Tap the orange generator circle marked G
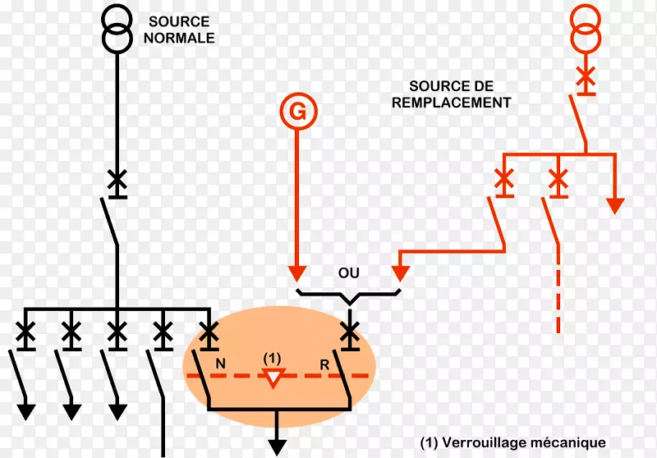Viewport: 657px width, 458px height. (x=298, y=112)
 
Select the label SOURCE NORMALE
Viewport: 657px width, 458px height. (x=179, y=30)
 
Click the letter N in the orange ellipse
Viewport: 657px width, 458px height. (x=220, y=362)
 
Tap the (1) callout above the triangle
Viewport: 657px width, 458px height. (x=273, y=359)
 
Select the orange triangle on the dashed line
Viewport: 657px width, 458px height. (x=273, y=378)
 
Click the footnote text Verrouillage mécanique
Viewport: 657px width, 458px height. (x=512, y=442)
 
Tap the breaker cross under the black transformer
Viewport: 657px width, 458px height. (x=117, y=180)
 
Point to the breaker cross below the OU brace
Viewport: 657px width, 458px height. (x=351, y=332)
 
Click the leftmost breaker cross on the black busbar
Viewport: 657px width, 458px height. (x=25, y=332)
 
